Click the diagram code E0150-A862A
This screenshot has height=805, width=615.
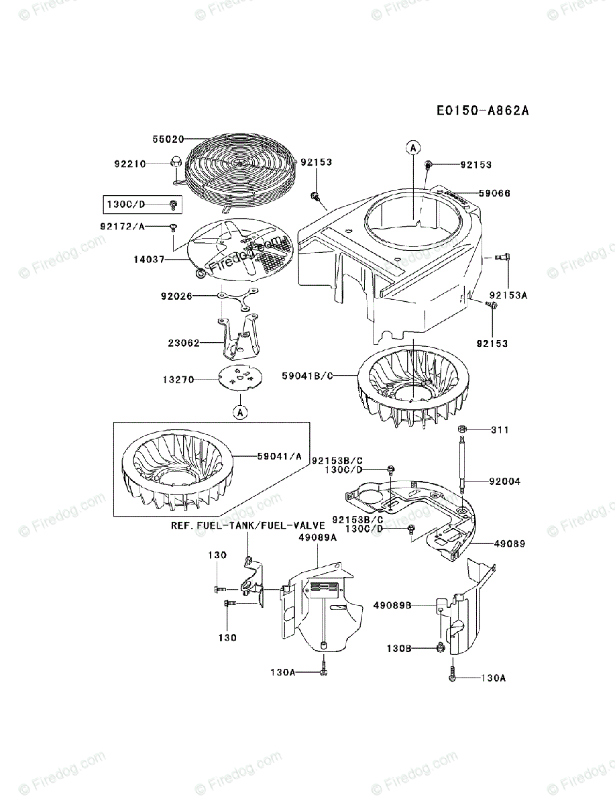482,111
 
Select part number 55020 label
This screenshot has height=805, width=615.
167,139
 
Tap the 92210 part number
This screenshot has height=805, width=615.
130,163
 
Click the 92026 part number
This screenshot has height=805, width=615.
177,294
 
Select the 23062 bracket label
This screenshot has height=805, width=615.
184,342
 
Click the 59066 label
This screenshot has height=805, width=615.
494,193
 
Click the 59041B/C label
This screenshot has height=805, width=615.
307,376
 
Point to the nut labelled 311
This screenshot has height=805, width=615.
462,429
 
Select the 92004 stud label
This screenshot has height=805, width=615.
504,481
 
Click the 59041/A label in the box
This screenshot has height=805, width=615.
279,457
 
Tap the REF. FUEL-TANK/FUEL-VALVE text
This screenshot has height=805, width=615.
247,525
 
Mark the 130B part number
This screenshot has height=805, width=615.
400,648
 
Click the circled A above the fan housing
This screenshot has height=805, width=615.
414,147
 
